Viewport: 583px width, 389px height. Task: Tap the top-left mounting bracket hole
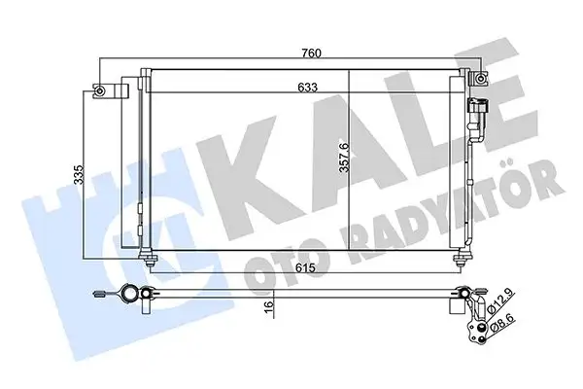click(99, 92)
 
